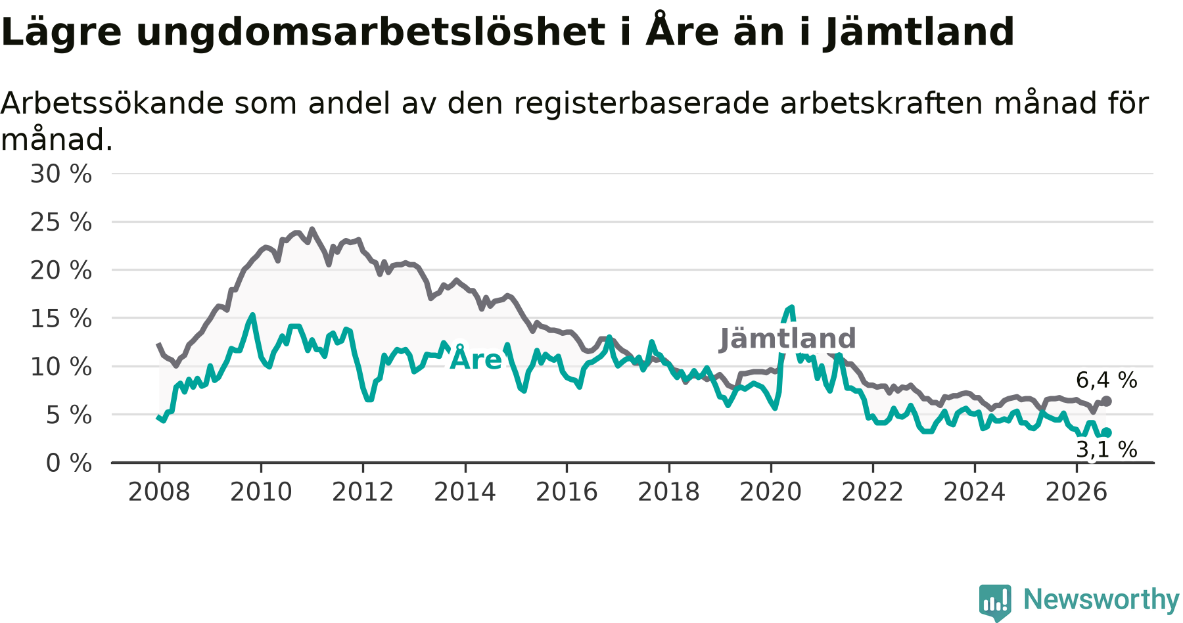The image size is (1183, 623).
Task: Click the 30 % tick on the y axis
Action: (61, 174)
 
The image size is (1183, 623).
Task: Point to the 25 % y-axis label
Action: (61, 222)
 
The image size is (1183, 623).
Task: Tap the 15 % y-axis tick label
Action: (61, 319)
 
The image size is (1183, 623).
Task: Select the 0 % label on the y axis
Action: (69, 463)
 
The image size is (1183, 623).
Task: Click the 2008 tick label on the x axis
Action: (159, 492)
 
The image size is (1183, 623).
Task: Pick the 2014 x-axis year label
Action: (465, 492)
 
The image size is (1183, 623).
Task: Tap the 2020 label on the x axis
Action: (771, 492)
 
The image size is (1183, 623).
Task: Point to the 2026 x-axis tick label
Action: (1077, 492)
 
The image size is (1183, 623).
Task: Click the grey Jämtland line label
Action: (788, 339)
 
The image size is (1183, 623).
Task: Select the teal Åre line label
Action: (475, 359)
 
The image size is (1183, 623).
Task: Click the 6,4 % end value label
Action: (1107, 380)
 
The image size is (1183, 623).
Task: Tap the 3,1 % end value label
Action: (1107, 450)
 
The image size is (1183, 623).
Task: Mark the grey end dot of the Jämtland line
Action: (1107, 401)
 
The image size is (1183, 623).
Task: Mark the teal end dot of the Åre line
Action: (1107, 432)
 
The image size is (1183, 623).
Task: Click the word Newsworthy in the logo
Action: (1102, 599)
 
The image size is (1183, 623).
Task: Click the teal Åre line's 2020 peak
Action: (792, 307)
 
